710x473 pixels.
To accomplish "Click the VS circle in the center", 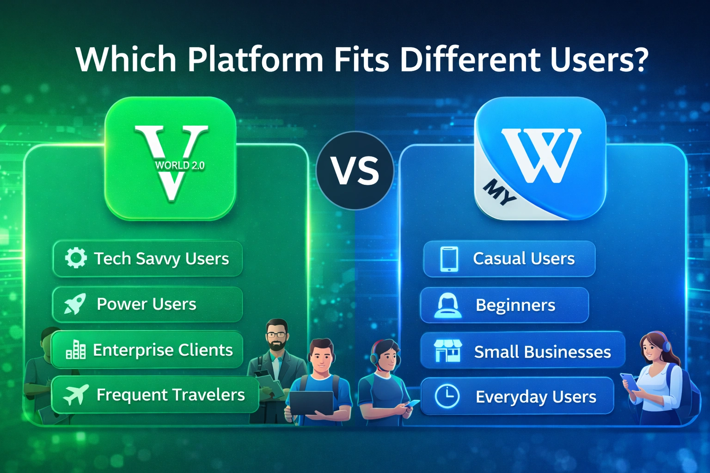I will (x=355, y=170).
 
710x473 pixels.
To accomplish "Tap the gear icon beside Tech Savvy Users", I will (x=75, y=258).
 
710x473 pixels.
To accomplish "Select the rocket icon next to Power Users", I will (x=75, y=303).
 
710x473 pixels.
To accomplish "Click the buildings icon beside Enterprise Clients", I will (x=76, y=350).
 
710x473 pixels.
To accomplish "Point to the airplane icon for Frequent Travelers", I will (x=76, y=394).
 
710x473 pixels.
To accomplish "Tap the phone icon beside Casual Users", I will (x=449, y=259).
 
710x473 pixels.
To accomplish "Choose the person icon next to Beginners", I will (x=447, y=305).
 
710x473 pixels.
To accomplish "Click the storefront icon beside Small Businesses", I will (x=447, y=351).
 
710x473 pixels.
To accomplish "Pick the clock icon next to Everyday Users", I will (x=447, y=396).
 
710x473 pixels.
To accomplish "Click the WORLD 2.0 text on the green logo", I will (x=179, y=165).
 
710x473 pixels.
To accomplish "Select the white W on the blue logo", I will (x=541, y=155).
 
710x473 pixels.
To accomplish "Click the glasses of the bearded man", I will (x=276, y=334).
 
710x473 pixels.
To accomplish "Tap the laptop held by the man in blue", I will (x=311, y=403).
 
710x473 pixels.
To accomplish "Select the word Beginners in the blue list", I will (x=515, y=305).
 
